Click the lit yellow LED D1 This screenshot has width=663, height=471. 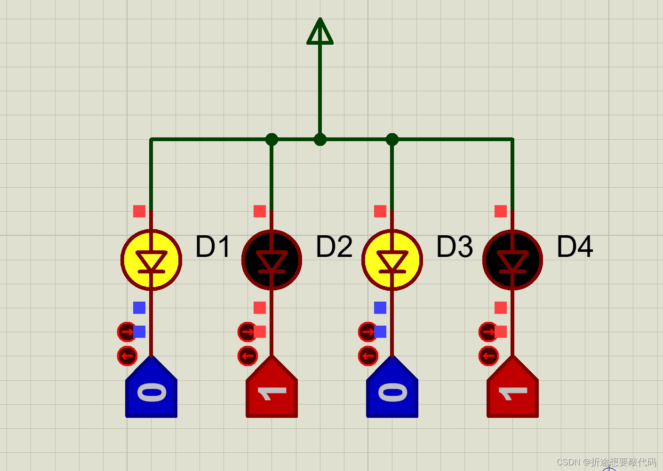pos(151,260)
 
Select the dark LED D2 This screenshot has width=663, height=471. pos(272,260)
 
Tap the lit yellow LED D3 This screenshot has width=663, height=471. pos(392,260)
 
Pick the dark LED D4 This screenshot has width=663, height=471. pos(512,260)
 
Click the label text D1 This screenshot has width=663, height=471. pos(213,247)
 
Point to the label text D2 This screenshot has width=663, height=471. pos(334,247)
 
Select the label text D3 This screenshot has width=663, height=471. pos(455,247)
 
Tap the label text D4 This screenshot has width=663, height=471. pos(575,247)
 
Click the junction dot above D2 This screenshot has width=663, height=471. pos(272,139)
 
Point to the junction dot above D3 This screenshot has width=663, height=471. pos(392,139)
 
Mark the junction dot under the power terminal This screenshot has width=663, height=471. pos(320,139)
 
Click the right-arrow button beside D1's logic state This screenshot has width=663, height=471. pos(126,332)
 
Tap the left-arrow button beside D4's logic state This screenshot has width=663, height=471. pos(488,356)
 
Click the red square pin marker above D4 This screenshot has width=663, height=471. pos(501,211)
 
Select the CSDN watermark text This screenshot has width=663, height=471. pos(606,462)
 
